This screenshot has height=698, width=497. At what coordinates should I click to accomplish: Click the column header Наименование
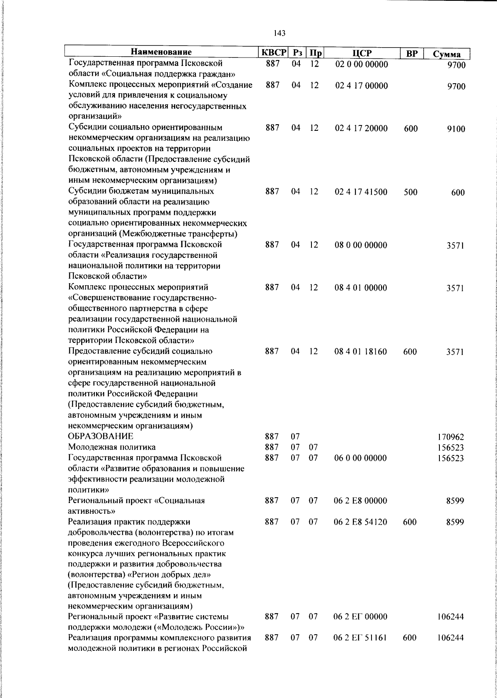click(161, 53)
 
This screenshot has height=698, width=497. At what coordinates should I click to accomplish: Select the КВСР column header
click(273, 53)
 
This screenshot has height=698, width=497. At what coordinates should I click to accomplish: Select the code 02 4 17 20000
click(361, 128)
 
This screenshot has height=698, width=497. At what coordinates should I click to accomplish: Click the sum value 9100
click(456, 129)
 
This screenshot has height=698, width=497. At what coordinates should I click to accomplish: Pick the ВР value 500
click(410, 192)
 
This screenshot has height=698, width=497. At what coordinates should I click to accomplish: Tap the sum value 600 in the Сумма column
click(458, 193)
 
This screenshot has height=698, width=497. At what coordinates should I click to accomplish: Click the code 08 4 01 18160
click(361, 351)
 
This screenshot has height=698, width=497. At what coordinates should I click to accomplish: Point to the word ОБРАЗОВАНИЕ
click(101, 436)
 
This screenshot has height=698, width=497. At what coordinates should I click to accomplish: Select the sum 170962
click(451, 437)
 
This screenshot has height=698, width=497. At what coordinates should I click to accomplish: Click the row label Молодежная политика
click(112, 447)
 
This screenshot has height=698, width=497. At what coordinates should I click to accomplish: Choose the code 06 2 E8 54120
click(360, 522)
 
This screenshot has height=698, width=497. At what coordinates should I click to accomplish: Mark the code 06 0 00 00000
click(360, 458)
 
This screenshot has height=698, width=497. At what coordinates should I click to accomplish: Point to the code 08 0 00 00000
click(361, 245)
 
